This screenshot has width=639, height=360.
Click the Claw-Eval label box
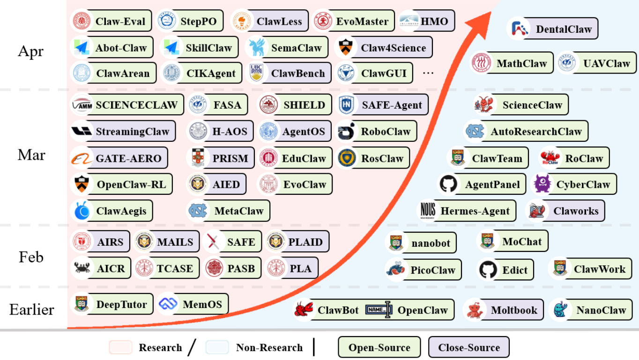[x=111, y=21]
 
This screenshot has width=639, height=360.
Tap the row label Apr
[x=31, y=51]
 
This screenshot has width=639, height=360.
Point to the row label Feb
[x=31, y=257]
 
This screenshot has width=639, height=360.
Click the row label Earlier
[x=31, y=309]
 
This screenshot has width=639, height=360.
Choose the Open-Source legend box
[x=379, y=347]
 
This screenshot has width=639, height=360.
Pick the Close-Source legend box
[x=468, y=347]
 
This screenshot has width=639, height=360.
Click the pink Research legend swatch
[x=121, y=347]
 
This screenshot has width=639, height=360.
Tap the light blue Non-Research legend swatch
[x=217, y=347]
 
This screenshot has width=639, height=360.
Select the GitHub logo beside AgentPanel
[x=448, y=184]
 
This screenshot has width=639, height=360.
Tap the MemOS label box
[x=193, y=304]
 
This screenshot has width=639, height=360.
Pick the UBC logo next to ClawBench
[x=256, y=73]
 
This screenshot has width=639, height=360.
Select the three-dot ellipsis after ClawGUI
[x=428, y=73]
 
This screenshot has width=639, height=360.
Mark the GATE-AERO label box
[x=119, y=158]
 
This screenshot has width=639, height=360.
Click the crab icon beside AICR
[x=82, y=268]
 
